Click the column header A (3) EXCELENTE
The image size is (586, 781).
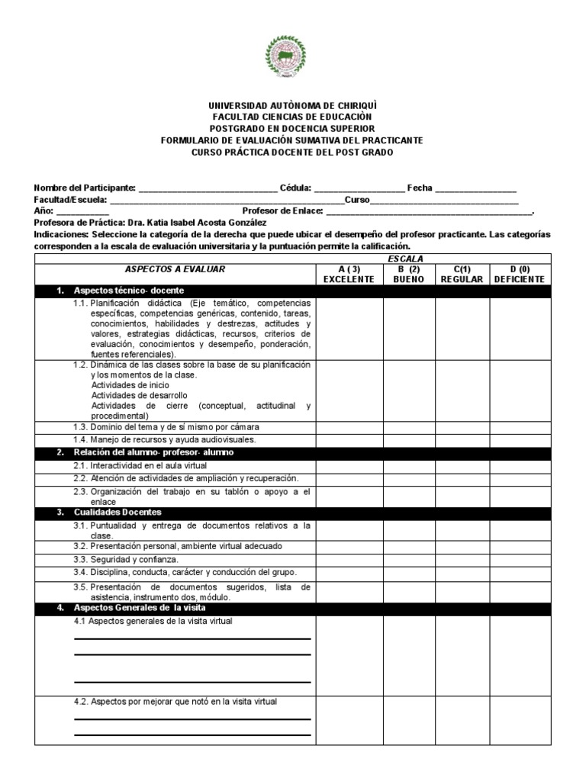(x=349, y=274)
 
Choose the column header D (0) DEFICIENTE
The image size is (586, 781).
(x=519, y=274)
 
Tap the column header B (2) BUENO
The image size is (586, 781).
(x=409, y=274)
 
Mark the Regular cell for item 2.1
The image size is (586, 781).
(x=462, y=465)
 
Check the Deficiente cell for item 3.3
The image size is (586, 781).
(x=519, y=559)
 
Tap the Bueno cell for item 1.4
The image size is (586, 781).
(x=409, y=440)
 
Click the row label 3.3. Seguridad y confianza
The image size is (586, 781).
(x=126, y=559)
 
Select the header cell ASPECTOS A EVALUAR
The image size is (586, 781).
(x=175, y=269)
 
